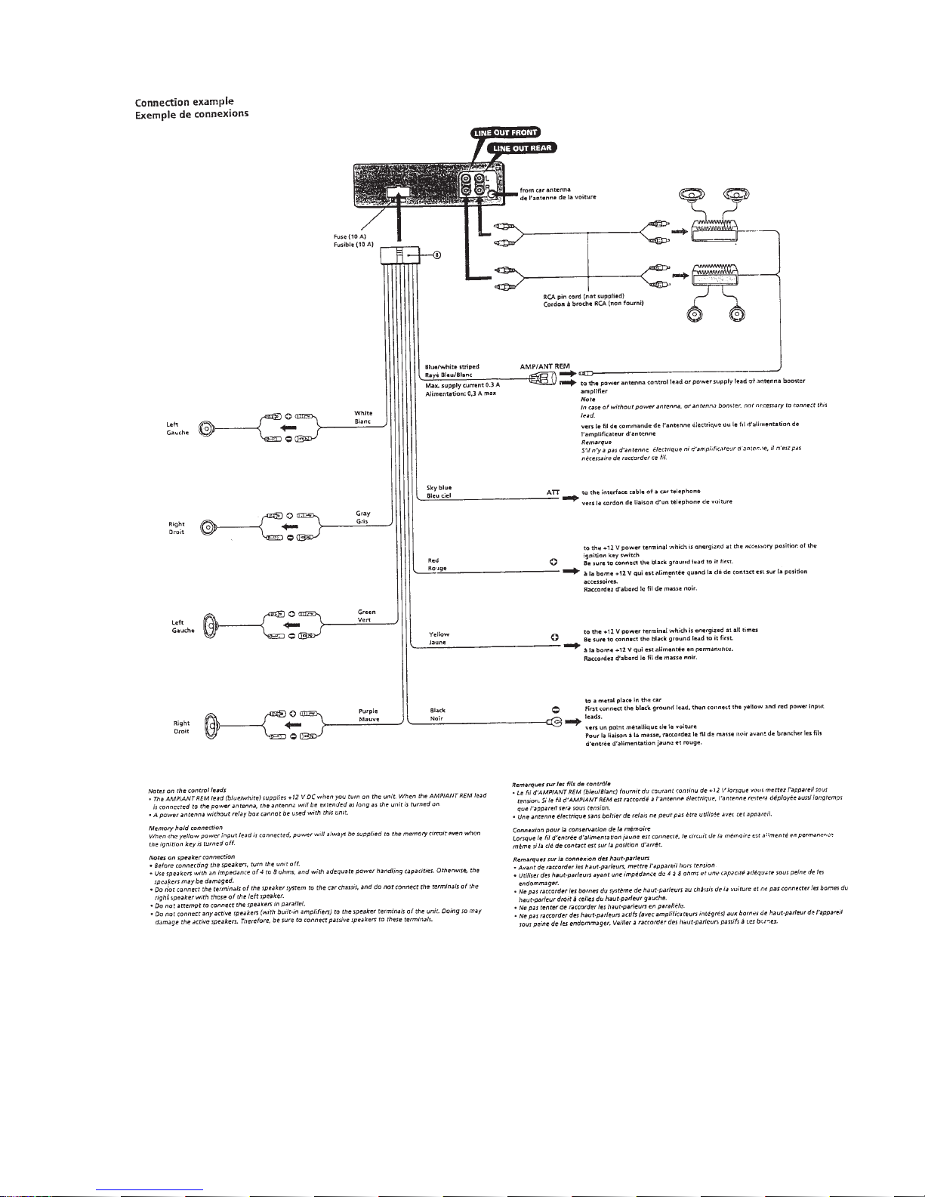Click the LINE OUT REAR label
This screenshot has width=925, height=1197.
click(x=523, y=148)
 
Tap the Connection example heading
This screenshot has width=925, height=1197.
click(x=184, y=102)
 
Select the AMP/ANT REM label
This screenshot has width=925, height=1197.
click(x=544, y=366)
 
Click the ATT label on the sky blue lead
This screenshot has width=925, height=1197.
click(x=553, y=492)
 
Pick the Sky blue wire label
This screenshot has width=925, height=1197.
click(x=439, y=488)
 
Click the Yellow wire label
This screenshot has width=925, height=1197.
click(x=439, y=634)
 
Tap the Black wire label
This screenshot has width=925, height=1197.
click(x=437, y=710)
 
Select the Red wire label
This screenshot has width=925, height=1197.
click(x=433, y=560)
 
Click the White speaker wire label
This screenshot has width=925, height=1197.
click(x=363, y=413)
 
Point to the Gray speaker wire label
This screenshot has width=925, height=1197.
click(x=362, y=513)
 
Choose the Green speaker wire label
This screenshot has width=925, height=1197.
click(x=366, y=612)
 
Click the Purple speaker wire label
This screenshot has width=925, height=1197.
click(x=368, y=711)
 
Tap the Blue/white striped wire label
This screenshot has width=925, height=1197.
click(x=452, y=366)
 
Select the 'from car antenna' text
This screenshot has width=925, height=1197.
click(x=545, y=190)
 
